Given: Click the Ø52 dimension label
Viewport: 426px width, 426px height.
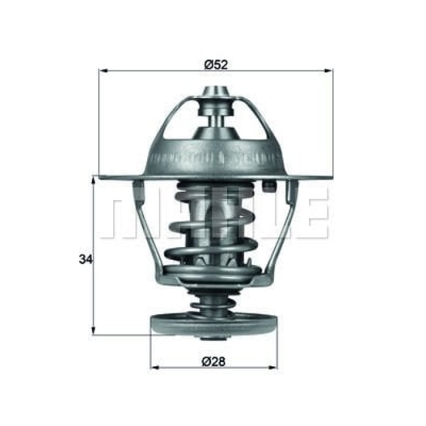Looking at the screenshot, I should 216,64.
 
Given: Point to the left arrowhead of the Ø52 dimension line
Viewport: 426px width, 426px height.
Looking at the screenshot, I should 102,71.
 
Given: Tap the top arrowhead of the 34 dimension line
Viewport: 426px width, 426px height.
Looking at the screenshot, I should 94,179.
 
